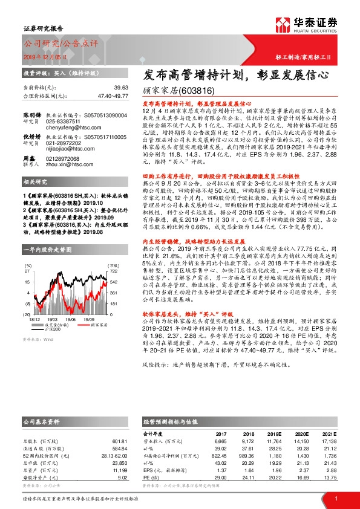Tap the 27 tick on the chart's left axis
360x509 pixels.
27,254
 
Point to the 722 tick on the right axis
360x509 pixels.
112,254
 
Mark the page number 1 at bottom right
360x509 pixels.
335,498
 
